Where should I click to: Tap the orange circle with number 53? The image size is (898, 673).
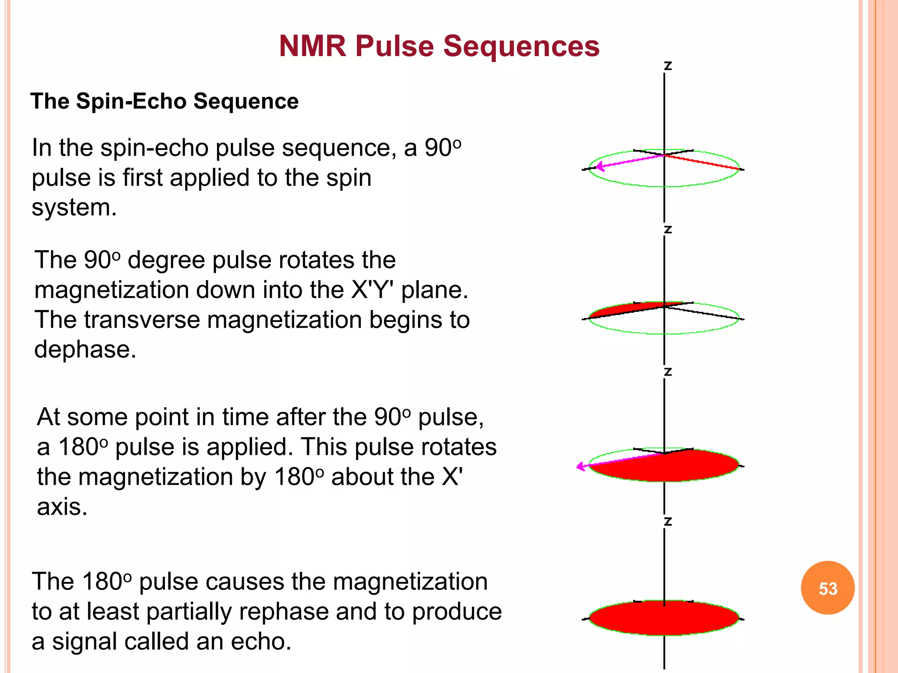coord(827,588)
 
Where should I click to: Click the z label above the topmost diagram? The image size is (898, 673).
coord(667,66)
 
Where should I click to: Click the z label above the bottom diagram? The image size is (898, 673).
coord(667,521)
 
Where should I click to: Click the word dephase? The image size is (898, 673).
coord(85,350)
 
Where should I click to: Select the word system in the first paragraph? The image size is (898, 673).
coord(74,208)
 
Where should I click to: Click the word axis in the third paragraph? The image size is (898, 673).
coord(62,507)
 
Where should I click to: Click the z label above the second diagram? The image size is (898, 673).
coord(667,230)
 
